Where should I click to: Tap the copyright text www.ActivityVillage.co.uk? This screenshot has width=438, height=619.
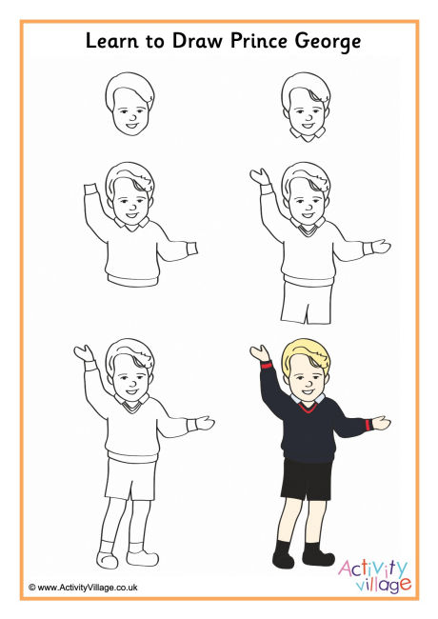pos(84,589)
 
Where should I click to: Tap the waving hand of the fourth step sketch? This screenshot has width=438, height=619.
pos(257,177)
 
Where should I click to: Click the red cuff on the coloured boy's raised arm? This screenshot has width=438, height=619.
pos(266,366)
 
